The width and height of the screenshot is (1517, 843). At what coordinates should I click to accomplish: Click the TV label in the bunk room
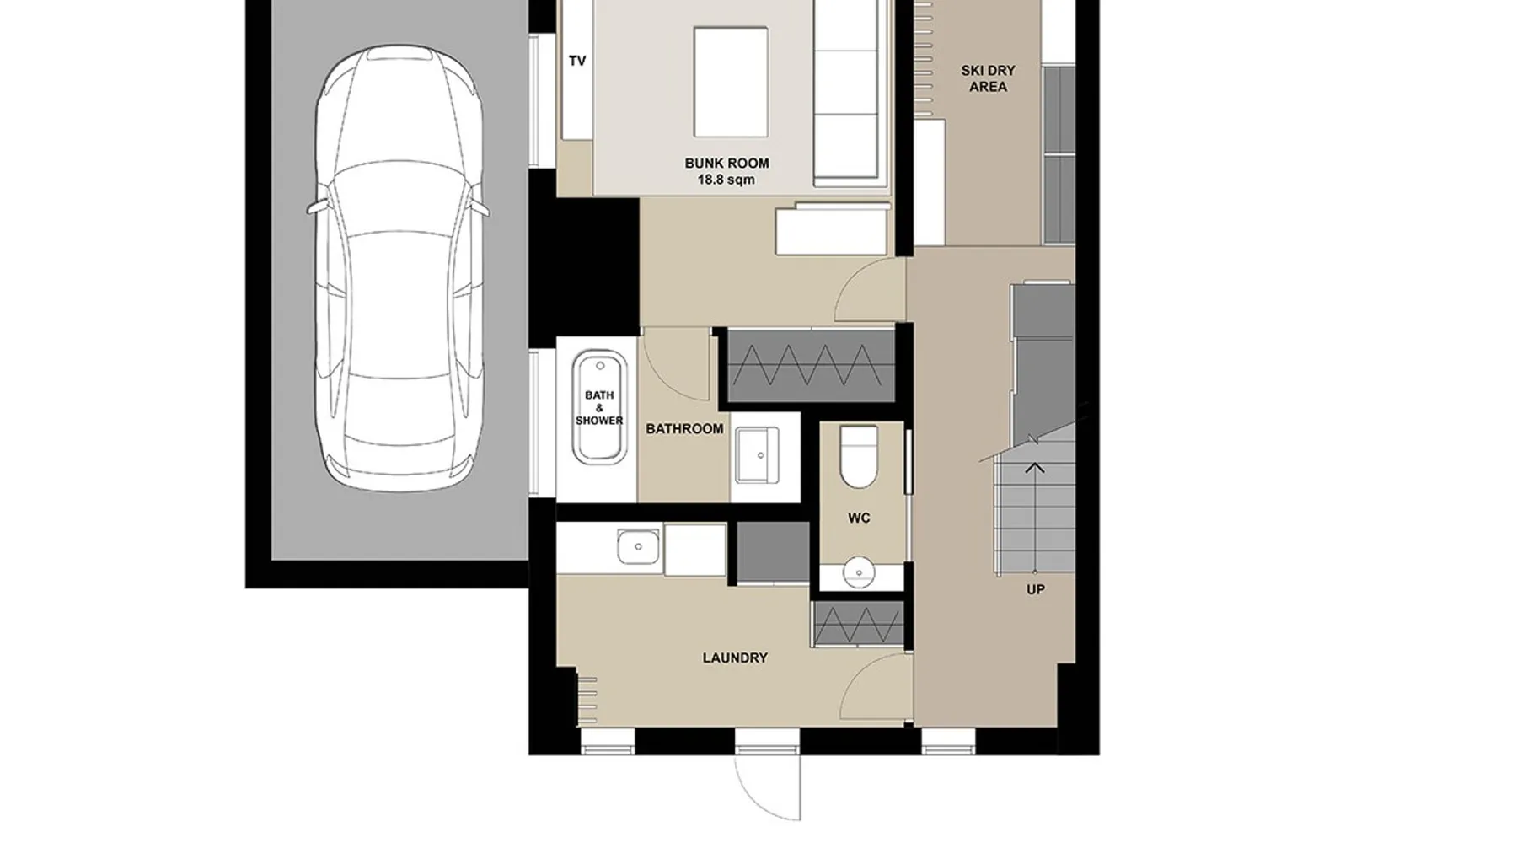(577, 61)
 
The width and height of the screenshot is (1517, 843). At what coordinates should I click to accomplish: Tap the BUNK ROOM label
(726, 164)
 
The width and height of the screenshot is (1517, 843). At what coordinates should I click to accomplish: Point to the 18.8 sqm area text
(726, 180)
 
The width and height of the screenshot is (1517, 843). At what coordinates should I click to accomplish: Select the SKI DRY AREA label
(988, 78)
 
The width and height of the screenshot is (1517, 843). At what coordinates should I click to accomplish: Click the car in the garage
(399, 268)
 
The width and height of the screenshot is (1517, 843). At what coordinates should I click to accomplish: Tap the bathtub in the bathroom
(599, 408)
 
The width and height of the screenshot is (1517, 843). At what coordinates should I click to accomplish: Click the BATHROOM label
(684, 429)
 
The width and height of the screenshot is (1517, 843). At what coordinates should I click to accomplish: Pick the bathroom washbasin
(757, 455)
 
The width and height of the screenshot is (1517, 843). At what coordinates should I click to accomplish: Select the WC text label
(859, 518)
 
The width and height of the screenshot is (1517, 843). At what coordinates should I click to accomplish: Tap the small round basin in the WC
(859, 572)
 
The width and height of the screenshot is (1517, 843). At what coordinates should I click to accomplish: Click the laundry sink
(638, 547)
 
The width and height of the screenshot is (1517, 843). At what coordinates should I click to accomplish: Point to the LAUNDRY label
(735, 658)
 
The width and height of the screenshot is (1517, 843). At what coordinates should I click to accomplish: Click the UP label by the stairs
(1036, 590)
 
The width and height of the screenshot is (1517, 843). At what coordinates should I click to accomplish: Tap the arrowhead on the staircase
(1035, 467)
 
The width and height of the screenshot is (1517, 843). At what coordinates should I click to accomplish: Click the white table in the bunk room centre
(731, 82)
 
